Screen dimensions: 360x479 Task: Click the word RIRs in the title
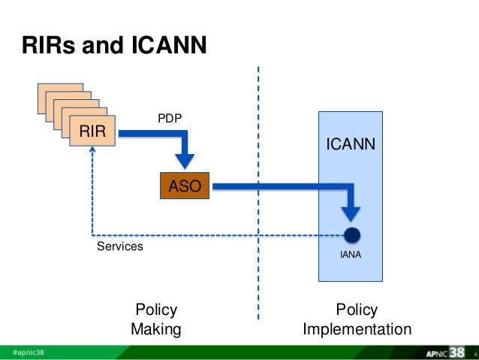[x=45, y=47]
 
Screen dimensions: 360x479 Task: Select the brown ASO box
[x=185, y=186]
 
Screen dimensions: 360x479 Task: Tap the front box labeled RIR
[x=94, y=133]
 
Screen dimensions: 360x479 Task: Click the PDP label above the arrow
[x=169, y=118]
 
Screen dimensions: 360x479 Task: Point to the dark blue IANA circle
[x=351, y=234]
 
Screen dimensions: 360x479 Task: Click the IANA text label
[x=351, y=256]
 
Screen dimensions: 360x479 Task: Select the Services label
[x=120, y=247]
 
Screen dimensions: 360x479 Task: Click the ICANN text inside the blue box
[x=350, y=143]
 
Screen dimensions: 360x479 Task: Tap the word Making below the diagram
[x=155, y=329]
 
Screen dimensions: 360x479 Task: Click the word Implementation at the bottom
[x=357, y=329]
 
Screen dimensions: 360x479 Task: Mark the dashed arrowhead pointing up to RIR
[x=92, y=150]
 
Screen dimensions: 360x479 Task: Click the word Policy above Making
[x=155, y=310]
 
